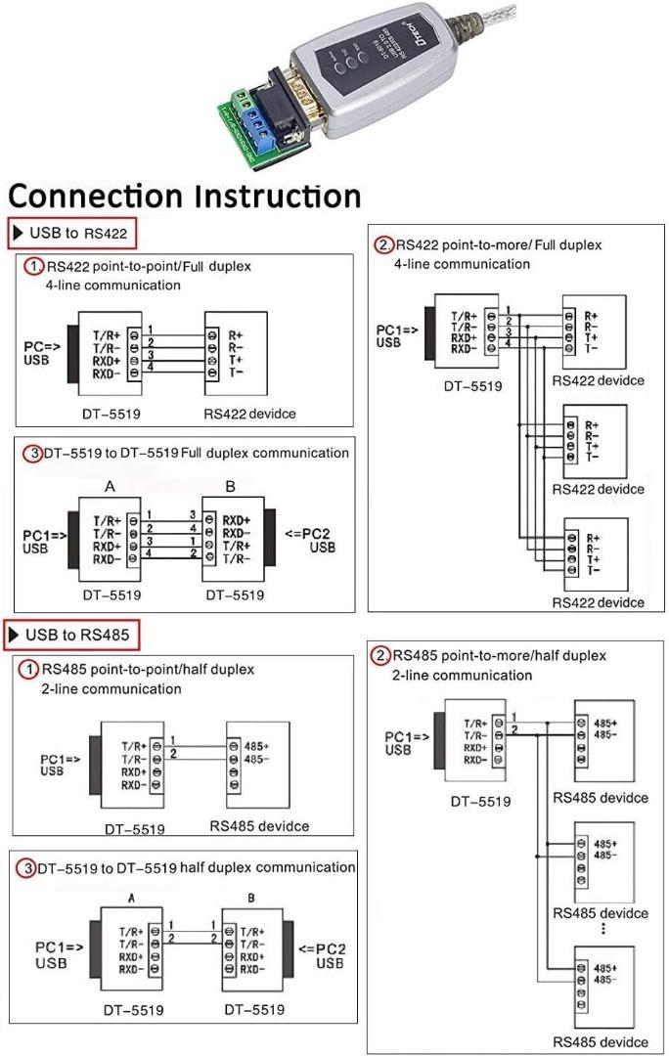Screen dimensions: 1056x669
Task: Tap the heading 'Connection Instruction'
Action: (185, 195)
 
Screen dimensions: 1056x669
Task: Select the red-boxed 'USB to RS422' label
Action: (72, 234)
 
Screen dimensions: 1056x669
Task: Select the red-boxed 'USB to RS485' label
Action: (73, 635)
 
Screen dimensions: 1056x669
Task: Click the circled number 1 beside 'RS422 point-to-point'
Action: (34, 267)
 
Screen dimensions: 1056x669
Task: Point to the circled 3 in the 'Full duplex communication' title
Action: (33, 454)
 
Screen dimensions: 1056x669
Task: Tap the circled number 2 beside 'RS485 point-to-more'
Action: (381, 654)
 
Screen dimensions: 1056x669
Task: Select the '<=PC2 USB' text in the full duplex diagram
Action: (309, 541)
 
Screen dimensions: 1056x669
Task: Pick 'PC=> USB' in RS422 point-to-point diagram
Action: (43, 354)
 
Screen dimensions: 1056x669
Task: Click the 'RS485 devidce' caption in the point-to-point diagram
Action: (259, 826)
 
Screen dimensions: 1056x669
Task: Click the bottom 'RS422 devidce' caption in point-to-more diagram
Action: (598, 602)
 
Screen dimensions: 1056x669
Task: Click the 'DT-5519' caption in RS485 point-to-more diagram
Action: (479, 802)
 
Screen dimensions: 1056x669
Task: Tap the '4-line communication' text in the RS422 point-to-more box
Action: (462, 264)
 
